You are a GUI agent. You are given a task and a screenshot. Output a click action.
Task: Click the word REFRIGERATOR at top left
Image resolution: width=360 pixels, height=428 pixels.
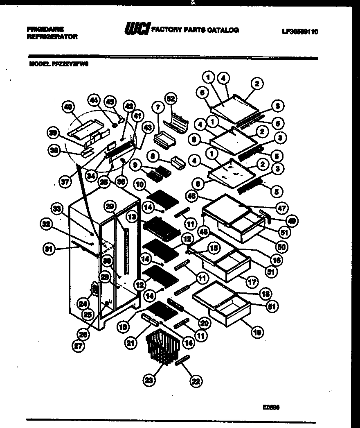52,37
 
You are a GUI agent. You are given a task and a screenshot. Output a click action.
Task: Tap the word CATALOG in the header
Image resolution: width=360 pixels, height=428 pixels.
223,30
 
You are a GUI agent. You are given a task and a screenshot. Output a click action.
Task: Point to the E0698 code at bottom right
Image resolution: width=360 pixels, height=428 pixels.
271,407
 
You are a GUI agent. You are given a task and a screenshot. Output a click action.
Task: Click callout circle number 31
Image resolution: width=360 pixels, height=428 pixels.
49,248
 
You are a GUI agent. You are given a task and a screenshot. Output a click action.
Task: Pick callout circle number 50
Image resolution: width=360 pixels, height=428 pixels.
281,247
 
